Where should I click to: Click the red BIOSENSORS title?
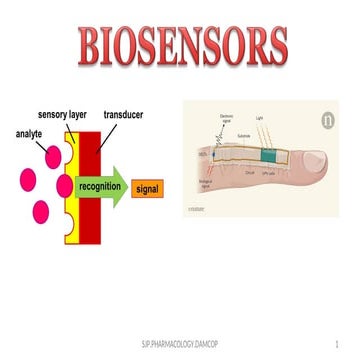[x=180, y=46]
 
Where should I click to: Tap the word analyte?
[x=32, y=133]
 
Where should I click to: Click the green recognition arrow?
[x=104, y=185]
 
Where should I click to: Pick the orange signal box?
[x=147, y=187]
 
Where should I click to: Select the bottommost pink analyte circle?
[x=41, y=211]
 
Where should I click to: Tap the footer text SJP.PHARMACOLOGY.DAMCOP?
[x=179, y=343]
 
